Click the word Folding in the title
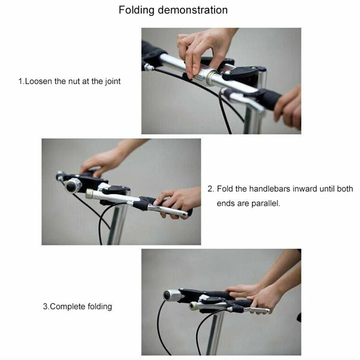point(135,10)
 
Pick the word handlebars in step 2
point(269,189)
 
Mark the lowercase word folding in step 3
point(98,307)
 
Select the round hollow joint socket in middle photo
point(73,185)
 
